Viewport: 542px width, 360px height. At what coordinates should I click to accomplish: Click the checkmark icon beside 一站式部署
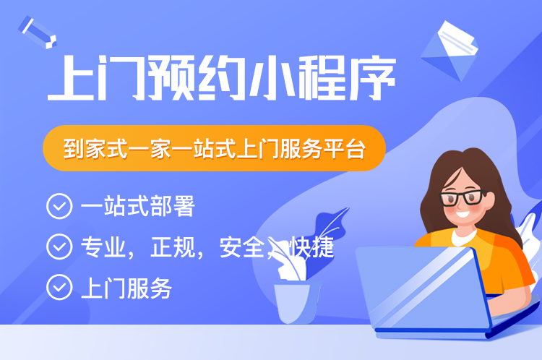pos(59,207)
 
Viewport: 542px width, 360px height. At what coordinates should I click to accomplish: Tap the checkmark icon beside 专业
pos(59,247)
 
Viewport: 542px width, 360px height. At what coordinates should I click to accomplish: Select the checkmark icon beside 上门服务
pos(59,288)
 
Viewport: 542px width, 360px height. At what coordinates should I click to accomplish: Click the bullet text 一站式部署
pos(137,207)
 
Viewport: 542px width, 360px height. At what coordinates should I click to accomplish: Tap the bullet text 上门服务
pos(126,288)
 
